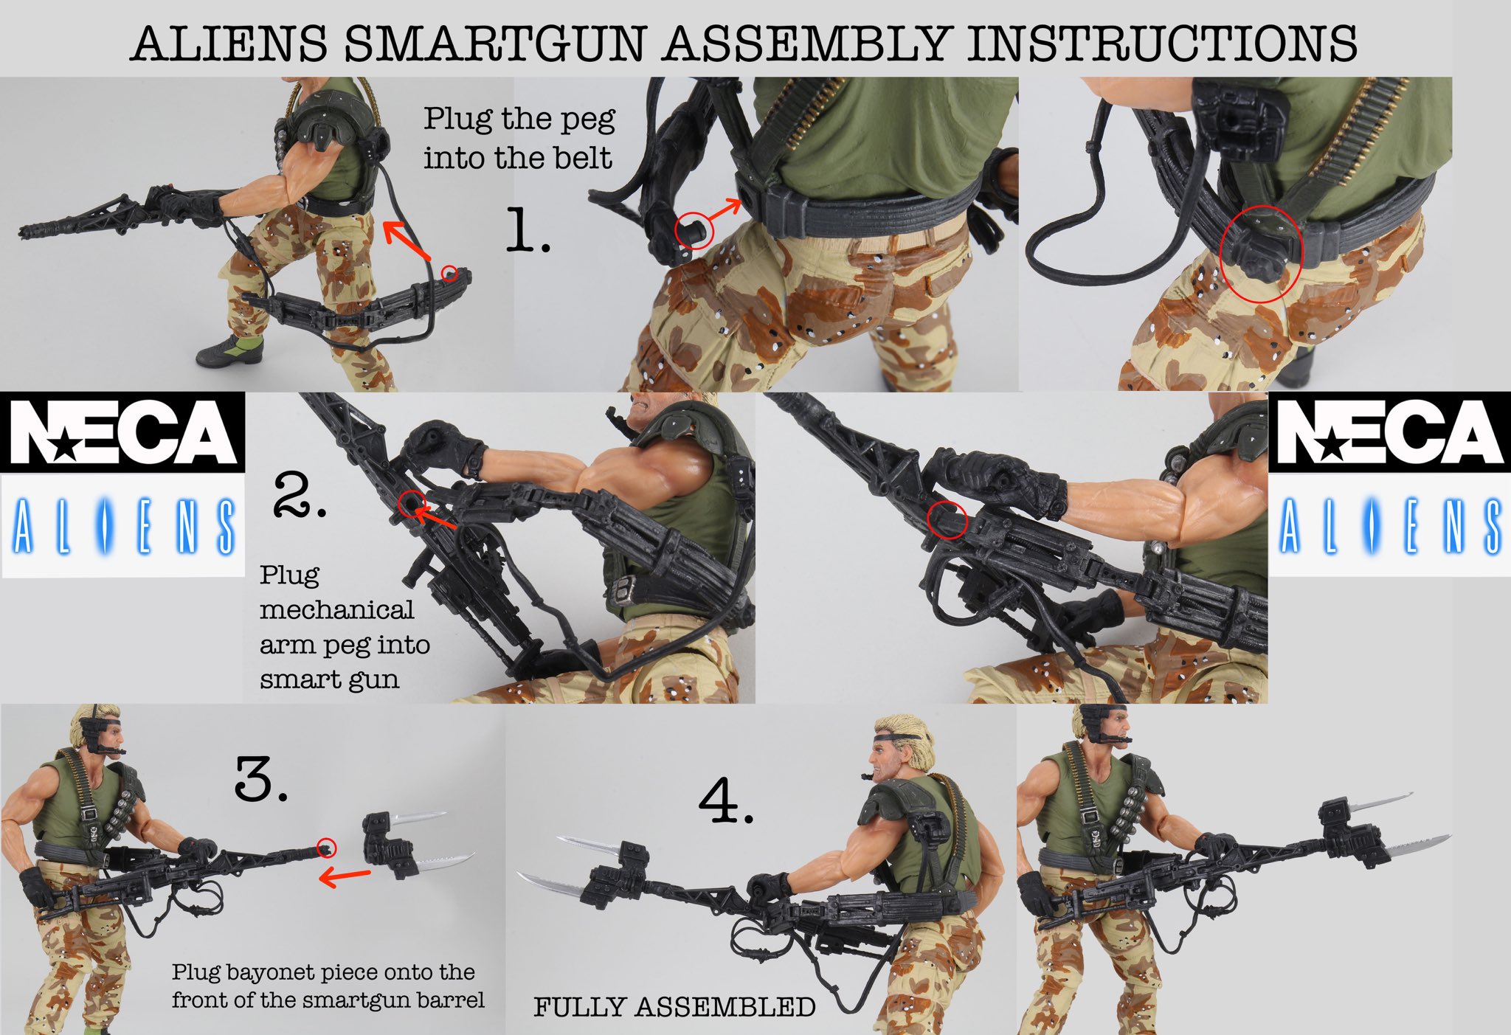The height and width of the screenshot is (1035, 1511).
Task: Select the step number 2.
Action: (299, 495)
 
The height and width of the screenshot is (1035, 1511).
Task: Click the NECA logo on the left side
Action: (122, 433)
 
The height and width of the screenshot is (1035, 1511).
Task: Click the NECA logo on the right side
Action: (1389, 433)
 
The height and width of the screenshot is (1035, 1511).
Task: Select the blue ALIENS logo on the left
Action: (122, 526)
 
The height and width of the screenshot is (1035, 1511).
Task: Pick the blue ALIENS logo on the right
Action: (1389, 526)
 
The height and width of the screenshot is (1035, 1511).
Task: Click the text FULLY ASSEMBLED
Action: (674, 1007)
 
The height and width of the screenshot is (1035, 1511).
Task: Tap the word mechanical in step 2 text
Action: (336, 610)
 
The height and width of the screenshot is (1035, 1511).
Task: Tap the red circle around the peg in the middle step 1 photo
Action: (694, 231)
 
